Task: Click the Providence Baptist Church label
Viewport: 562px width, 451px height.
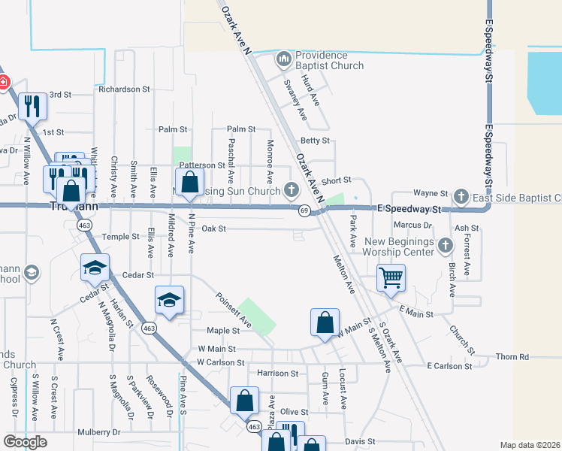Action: point(329,60)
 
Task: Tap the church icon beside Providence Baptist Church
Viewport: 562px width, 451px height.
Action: point(283,57)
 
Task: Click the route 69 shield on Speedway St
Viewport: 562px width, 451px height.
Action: point(305,210)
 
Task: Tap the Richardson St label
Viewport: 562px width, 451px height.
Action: point(124,89)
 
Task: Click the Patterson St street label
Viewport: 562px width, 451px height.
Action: point(202,165)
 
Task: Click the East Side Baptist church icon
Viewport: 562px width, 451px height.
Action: point(462,198)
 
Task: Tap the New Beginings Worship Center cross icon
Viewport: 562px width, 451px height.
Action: point(445,244)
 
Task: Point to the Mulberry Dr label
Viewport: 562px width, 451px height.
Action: point(98,432)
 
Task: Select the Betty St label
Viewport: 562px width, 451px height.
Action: point(315,141)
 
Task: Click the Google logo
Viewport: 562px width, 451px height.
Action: point(26,442)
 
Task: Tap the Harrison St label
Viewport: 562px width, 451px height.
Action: point(277,373)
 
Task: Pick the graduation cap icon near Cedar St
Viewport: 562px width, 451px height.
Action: point(95,267)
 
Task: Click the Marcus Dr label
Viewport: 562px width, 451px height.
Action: point(412,225)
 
